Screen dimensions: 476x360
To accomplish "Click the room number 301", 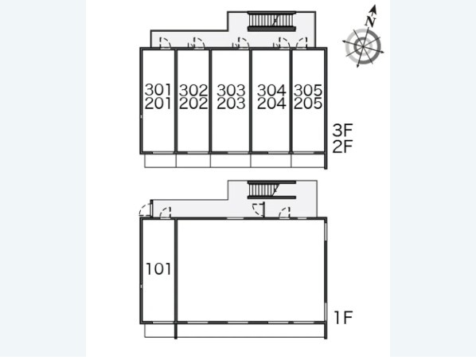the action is point(158,90).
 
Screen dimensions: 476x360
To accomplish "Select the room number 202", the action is point(193,104).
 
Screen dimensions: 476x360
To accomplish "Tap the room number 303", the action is point(231,90).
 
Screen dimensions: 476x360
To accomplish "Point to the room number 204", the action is point(271,104).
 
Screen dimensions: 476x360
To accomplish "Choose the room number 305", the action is point(308,90).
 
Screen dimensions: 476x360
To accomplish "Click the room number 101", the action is point(158,269).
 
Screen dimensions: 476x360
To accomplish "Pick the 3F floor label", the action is point(342,131).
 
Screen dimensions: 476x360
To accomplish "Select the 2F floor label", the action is point(342,147).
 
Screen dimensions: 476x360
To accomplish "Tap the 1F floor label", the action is point(343,318).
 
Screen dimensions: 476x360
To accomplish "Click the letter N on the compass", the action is point(372,22).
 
